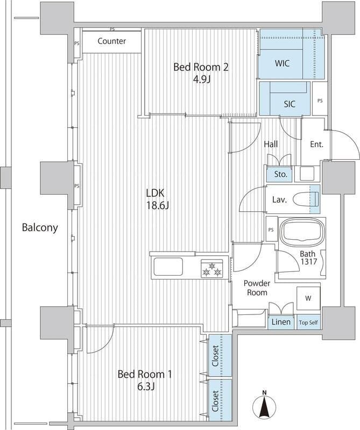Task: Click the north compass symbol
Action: (x=264, y=403)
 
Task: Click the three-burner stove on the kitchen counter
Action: (x=211, y=269)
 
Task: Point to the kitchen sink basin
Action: (x=168, y=267)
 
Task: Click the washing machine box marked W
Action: (x=308, y=298)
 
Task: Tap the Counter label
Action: (x=112, y=41)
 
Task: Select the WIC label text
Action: (x=282, y=63)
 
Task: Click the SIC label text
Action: (x=290, y=104)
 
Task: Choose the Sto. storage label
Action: (x=281, y=174)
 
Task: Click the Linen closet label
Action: (x=281, y=321)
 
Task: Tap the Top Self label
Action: (x=308, y=322)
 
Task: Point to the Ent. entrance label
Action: (x=316, y=144)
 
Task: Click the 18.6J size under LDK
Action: (x=157, y=206)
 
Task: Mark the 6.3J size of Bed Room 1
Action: (x=145, y=386)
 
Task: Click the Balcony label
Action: (x=40, y=227)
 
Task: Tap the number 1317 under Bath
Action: (x=309, y=262)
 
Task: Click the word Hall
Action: (x=271, y=144)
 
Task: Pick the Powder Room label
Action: (x=257, y=288)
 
